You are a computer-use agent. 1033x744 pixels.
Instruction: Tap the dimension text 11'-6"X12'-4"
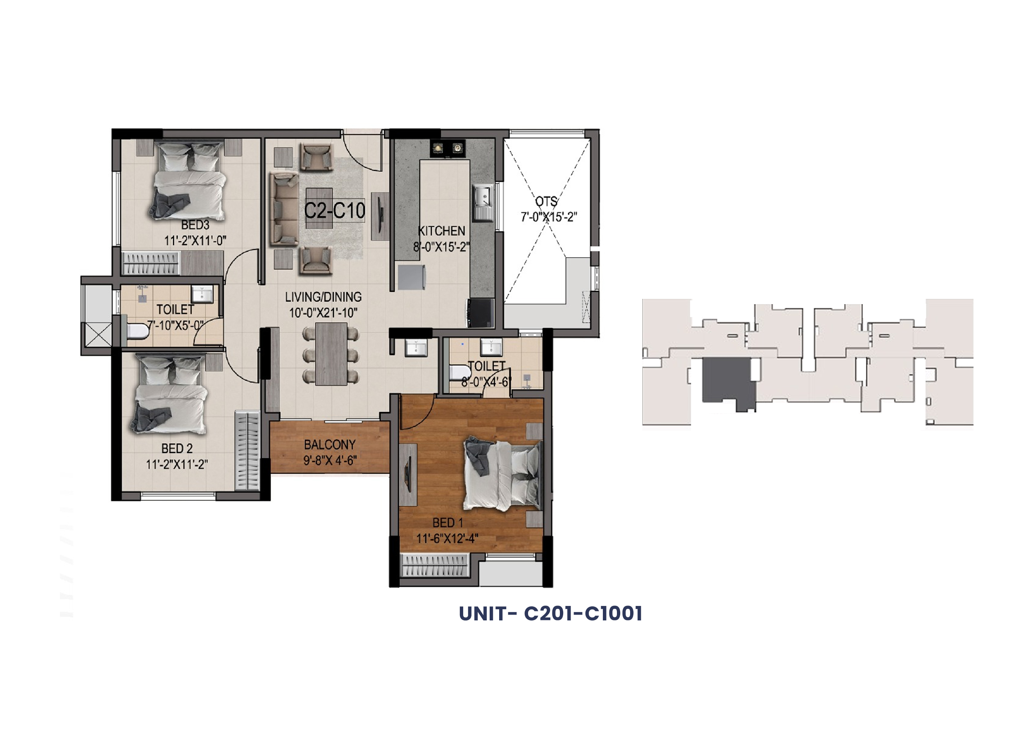pos(447,539)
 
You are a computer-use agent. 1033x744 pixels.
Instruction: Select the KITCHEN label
pos(441,231)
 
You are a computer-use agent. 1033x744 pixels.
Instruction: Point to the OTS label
pos(546,201)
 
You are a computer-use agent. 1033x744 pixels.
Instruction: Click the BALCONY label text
pos(330,445)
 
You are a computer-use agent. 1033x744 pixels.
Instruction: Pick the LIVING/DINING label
pos(324,297)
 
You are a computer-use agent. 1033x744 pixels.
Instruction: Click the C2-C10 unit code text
pos(334,210)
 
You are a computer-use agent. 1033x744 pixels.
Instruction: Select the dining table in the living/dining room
pos(331,354)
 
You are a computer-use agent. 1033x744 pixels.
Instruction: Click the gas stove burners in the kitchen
pos(447,148)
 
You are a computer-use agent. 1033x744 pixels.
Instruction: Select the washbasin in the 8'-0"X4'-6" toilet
pos(491,348)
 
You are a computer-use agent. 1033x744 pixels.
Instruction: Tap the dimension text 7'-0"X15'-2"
pos(549,217)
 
